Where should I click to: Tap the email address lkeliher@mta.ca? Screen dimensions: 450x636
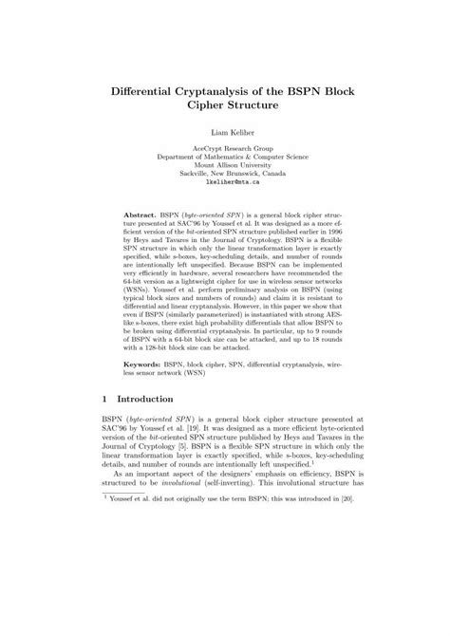tap(225, 183)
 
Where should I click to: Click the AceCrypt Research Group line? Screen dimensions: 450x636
tap(225, 150)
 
